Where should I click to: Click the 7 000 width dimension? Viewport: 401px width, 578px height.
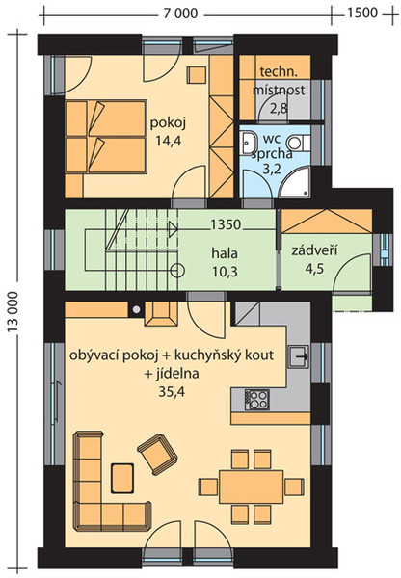(x=180, y=13)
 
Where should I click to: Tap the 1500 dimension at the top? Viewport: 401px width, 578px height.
(x=362, y=13)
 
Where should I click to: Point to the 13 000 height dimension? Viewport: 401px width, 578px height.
(x=13, y=312)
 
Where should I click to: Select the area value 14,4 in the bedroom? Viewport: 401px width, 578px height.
(x=169, y=141)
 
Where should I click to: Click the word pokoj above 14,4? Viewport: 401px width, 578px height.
(x=168, y=123)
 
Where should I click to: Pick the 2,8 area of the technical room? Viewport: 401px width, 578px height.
(x=279, y=108)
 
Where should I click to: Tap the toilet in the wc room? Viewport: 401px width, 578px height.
(x=299, y=143)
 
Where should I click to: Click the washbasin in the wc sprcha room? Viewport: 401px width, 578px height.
(x=250, y=143)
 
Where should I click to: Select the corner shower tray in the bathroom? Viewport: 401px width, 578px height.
(x=296, y=182)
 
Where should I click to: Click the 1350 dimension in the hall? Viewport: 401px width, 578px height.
(x=226, y=224)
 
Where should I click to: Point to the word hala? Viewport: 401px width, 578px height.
(x=225, y=253)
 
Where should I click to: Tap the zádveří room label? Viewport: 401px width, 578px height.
(x=314, y=251)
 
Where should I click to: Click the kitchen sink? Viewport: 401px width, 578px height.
(x=299, y=356)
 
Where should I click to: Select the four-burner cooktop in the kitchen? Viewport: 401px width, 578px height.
(x=256, y=400)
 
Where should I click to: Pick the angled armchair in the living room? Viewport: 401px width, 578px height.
(x=157, y=454)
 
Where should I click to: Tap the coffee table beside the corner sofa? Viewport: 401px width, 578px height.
(x=122, y=479)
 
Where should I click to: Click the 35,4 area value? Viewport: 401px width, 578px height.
(x=172, y=392)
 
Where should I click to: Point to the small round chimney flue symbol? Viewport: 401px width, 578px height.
(x=136, y=309)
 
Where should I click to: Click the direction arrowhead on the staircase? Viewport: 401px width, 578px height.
(x=173, y=229)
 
